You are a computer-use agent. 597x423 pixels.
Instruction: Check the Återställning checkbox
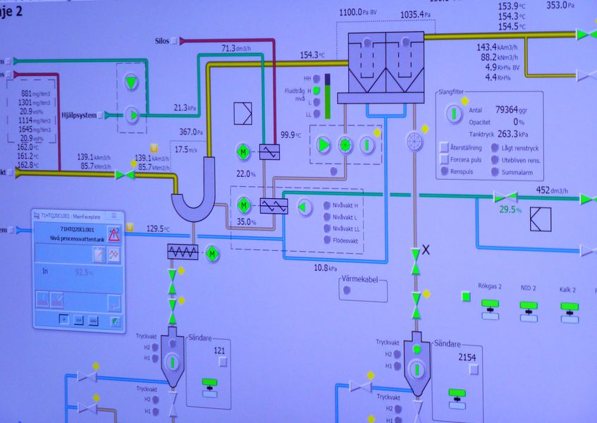[x=445, y=147]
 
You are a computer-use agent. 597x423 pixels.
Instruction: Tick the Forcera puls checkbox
[x=445, y=159]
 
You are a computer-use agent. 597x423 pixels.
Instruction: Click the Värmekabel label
[x=364, y=280]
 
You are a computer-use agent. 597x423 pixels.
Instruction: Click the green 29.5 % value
[x=510, y=209]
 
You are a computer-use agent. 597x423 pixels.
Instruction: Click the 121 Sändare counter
[x=219, y=350]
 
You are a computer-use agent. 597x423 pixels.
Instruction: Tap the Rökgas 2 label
[x=490, y=287]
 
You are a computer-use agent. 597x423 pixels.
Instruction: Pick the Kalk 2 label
[x=568, y=289]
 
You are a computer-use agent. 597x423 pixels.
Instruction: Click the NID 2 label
[x=528, y=288]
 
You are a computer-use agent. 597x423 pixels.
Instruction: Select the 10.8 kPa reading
[x=326, y=269]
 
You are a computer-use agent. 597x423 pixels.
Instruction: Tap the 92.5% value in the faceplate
[x=83, y=271]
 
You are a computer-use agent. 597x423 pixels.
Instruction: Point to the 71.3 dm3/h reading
[x=239, y=49]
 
